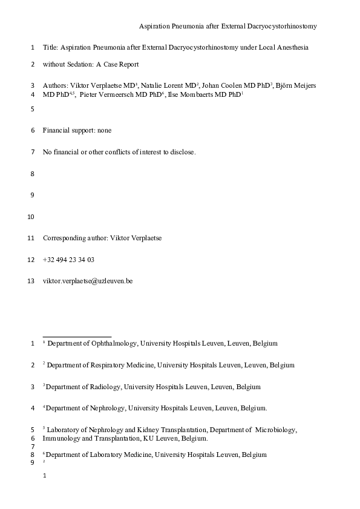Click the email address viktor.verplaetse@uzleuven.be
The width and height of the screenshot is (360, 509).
[87, 281]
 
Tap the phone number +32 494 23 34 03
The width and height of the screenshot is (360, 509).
[68, 260]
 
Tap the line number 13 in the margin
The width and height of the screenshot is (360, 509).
[32, 281]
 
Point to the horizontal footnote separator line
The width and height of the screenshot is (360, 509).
[77, 336]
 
